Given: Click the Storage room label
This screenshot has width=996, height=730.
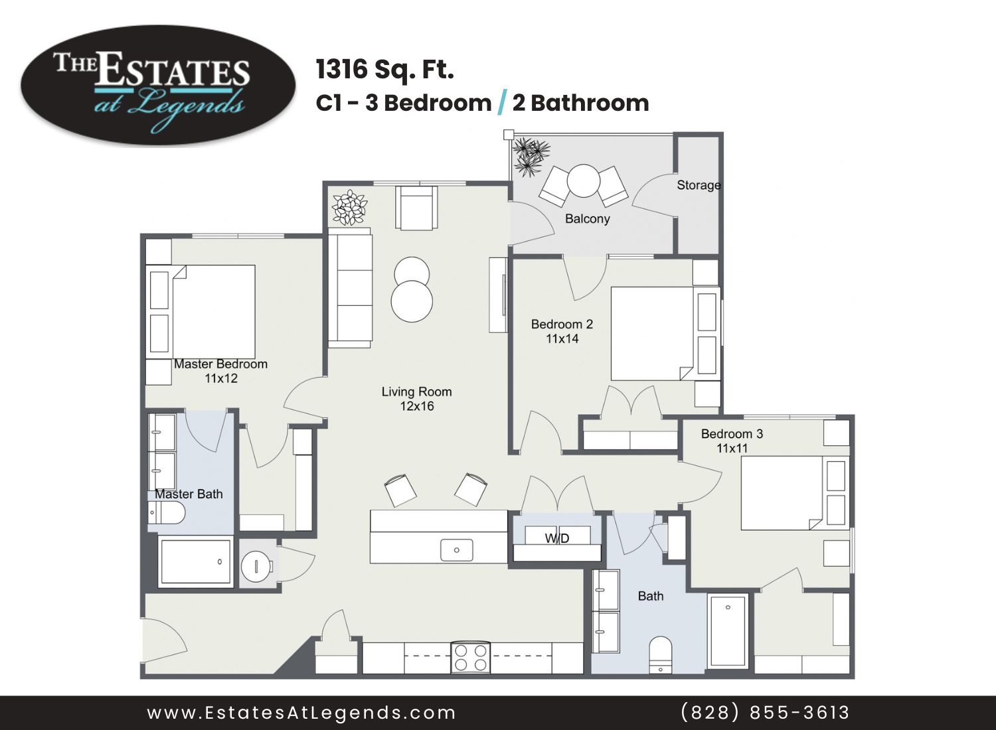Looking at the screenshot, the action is pyautogui.click(x=699, y=185).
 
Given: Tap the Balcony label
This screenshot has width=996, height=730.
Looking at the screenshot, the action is pyautogui.click(x=588, y=218).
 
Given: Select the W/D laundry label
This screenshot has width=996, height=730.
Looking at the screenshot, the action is pyautogui.click(x=557, y=538).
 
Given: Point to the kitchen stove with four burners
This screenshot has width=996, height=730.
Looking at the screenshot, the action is pyautogui.click(x=470, y=658).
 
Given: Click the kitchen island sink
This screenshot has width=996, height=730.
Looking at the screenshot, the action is pyautogui.click(x=456, y=550).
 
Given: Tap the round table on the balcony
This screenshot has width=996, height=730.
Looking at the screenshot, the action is pyautogui.click(x=584, y=181).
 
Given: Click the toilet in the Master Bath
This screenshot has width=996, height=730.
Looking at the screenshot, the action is pyautogui.click(x=165, y=513).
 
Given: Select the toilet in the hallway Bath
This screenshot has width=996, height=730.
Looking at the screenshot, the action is pyautogui.click(x=660, y=656).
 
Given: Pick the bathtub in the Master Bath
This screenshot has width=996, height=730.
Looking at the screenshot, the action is pyautogui.click(x=196, y=562).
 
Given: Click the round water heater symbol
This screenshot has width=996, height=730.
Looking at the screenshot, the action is pyautogui.click(x=257, y=566).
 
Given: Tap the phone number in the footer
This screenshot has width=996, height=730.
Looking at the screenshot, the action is pyautogui.click(x=765, y=712).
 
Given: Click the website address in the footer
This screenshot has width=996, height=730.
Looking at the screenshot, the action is pyautogui.click(x=301, y=713).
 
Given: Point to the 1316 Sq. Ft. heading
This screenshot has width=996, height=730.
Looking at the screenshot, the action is pyautogui.click(x=385, y=70).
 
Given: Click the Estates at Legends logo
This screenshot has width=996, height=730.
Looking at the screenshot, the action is pyautogui.click(x=158, y=86).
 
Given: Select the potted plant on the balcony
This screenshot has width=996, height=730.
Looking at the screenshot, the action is pyautogui.click(x=531, y=157).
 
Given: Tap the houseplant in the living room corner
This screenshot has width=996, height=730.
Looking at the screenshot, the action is pyautogui.click(x=350, y=208).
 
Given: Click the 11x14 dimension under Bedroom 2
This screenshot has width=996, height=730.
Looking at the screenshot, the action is pyautogui.click(x=562, y=338).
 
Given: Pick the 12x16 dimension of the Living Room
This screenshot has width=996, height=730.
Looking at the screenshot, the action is pyautogui.click(x=416, y=405).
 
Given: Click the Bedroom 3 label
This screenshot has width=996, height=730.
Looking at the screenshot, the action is pyautogui.click(x=732, y=433).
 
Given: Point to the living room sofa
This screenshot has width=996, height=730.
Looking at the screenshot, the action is pyautogui.click(x=350, y=287).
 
